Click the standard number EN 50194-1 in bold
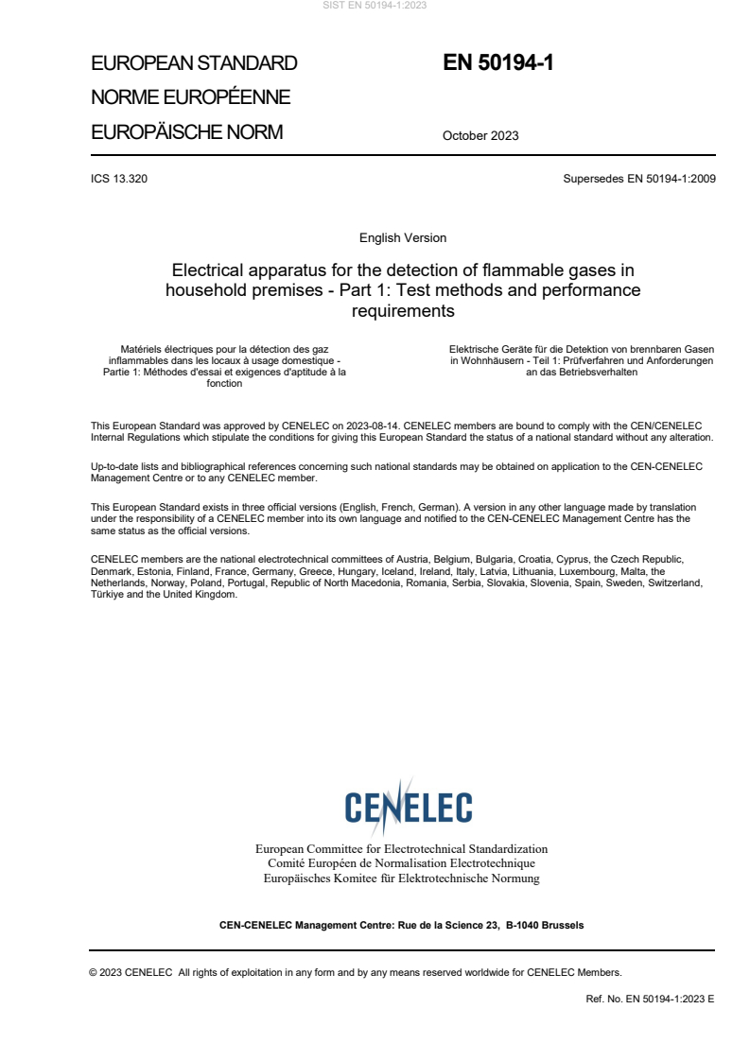[x=497, y=63]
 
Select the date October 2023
[x=480, y=135]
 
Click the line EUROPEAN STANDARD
[x=194, y=64]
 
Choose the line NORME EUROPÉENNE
[x=190, y=97]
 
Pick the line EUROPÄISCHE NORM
[x=186, y=132]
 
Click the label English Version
[x=403, y=237]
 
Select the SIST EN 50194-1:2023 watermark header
[x=375, y=6]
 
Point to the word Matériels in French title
[x=136, y=349]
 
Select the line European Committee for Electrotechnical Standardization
[x=401, y=849]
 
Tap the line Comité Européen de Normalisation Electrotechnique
[x=401, y=863]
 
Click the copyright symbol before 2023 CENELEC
[x=94, y=972]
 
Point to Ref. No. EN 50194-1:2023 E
[x=650, y=998]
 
